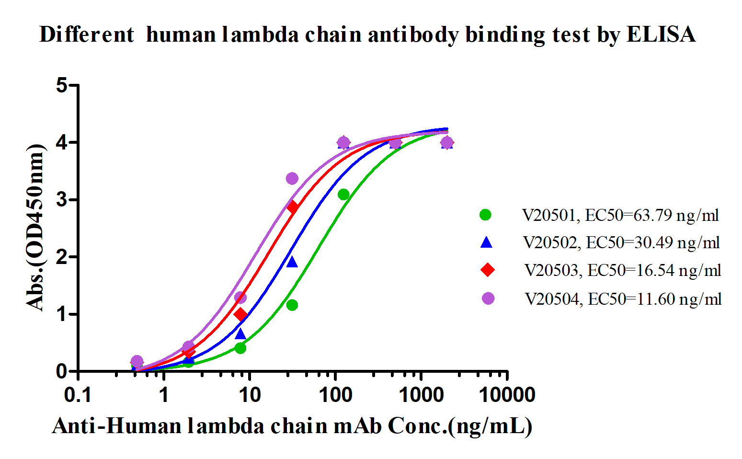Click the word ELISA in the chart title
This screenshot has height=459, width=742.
[661, 34]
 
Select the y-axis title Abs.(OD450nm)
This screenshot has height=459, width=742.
[35, 228]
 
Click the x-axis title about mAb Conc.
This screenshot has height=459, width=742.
[292, 425]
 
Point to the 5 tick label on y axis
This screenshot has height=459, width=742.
[62, 86]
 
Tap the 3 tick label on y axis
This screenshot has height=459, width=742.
[62, 200]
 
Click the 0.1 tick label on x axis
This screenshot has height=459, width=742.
[78, 395]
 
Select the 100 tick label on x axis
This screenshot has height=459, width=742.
[335, 395]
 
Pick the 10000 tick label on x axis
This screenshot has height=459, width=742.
[507, 395]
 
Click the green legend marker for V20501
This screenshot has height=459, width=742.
[485, 215]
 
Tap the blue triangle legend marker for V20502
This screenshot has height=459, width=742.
[486, 242]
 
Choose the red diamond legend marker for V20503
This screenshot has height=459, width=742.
[488, 270]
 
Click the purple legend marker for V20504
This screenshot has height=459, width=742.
[488, 298]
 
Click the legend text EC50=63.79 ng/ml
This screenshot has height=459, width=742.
[652, 215]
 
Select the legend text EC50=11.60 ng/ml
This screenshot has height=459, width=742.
[654, 299]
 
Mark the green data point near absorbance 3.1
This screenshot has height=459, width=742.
[343, 194]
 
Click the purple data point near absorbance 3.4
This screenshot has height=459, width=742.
[292, 179]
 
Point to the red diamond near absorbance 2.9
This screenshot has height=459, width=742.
[293, 207]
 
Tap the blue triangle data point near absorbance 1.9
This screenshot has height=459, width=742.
[292, 262]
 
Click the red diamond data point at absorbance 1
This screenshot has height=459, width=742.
[240, 314]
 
